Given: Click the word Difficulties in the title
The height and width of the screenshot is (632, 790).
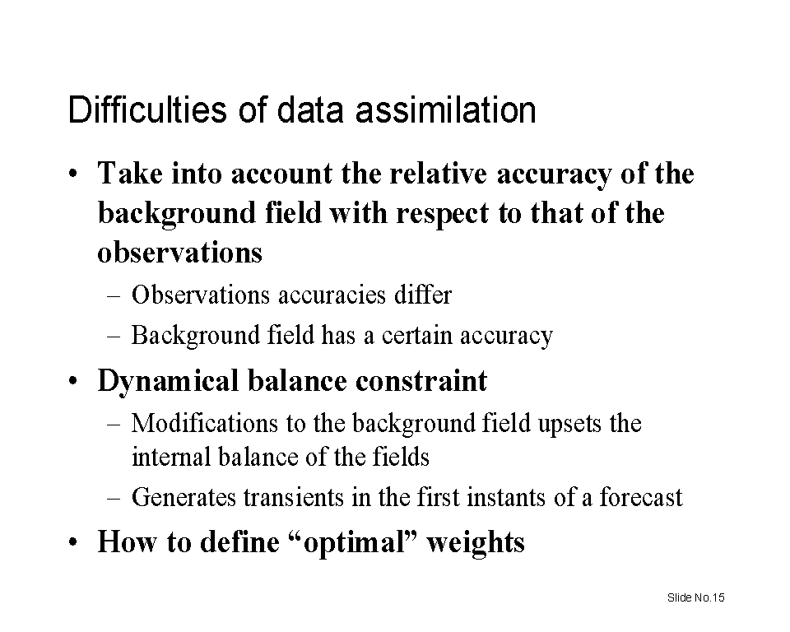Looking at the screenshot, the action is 147,109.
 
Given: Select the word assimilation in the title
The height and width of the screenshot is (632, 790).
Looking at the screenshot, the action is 446,110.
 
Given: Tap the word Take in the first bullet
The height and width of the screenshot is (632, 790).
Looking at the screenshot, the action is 131,174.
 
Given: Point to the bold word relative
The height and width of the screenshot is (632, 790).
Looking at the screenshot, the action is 439,174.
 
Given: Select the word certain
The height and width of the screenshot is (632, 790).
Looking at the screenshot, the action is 416,336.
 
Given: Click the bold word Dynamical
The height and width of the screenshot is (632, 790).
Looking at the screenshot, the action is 168,382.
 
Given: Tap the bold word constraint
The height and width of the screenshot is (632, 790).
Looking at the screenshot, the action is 421,381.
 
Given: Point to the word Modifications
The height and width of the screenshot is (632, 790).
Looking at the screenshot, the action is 205,423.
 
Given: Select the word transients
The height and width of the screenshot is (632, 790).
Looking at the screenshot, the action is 294,497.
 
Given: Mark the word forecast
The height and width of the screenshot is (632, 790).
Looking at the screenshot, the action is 641,497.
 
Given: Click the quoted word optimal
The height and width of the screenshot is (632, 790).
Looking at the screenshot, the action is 354,544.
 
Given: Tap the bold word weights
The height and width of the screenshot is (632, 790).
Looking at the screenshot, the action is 476,544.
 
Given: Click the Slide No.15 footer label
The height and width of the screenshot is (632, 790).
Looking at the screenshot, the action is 696,597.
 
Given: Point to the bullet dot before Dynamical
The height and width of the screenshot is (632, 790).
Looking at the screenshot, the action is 73,381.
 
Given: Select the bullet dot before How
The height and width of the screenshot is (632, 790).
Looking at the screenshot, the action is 73,543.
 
